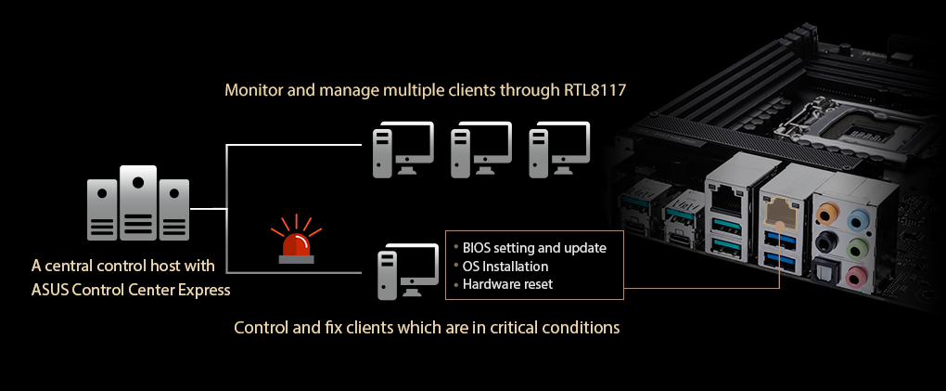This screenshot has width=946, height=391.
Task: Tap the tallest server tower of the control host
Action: [x=138, y=203]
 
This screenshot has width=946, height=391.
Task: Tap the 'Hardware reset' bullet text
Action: [x=507, y=284]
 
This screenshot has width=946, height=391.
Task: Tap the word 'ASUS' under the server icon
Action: [x=50, y=290]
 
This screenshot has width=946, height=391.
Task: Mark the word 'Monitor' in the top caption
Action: [x=253, y=91]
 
